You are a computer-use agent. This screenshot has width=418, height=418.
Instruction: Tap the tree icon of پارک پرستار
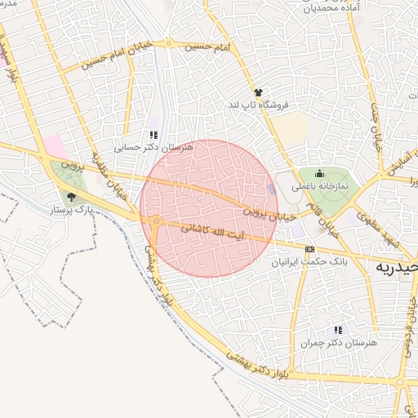click(x=71, y=196)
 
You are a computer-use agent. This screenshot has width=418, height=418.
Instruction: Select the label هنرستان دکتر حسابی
click(x=153, y=148)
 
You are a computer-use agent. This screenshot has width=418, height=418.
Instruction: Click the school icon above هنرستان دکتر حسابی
click(x=153, y=136)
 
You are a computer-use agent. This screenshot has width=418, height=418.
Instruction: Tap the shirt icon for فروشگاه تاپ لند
click(x=259, y=93)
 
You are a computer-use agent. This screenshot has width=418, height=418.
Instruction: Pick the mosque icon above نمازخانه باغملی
click(x=319, y=173)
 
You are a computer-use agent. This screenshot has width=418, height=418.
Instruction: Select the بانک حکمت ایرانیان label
click(x=309, y=263)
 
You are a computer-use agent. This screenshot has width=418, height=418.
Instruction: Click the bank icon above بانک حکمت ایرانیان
click(x=309, y=250)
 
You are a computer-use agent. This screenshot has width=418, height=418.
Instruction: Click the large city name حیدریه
click(x=397, y=267)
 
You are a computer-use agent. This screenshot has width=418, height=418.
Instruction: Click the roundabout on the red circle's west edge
click(x=155, y=220)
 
